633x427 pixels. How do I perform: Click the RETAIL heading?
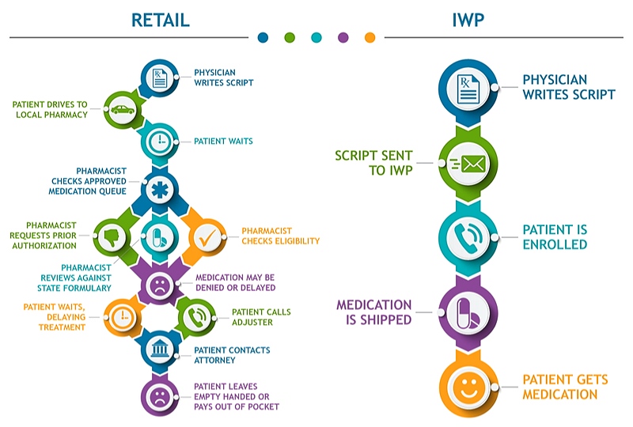[160, 19]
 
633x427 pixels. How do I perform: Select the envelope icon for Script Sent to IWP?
[468, 163]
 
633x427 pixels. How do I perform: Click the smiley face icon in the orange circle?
[468, 388]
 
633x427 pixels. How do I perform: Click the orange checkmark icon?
[207, 236]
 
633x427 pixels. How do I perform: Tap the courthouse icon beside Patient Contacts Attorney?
[160, 350]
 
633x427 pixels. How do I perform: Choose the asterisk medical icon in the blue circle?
[160, 189]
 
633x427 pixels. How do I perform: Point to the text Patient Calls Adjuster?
[261, 317]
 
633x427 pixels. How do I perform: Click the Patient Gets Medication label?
[565, 387]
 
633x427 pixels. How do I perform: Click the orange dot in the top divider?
[370, 37]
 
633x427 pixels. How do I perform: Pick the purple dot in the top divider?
[343, 37]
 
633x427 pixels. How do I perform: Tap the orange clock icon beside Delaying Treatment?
[123, 316]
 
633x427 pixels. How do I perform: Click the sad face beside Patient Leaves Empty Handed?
[160, 395]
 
